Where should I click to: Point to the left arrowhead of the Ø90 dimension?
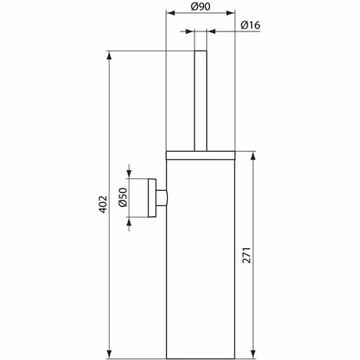[x=170, y=14]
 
